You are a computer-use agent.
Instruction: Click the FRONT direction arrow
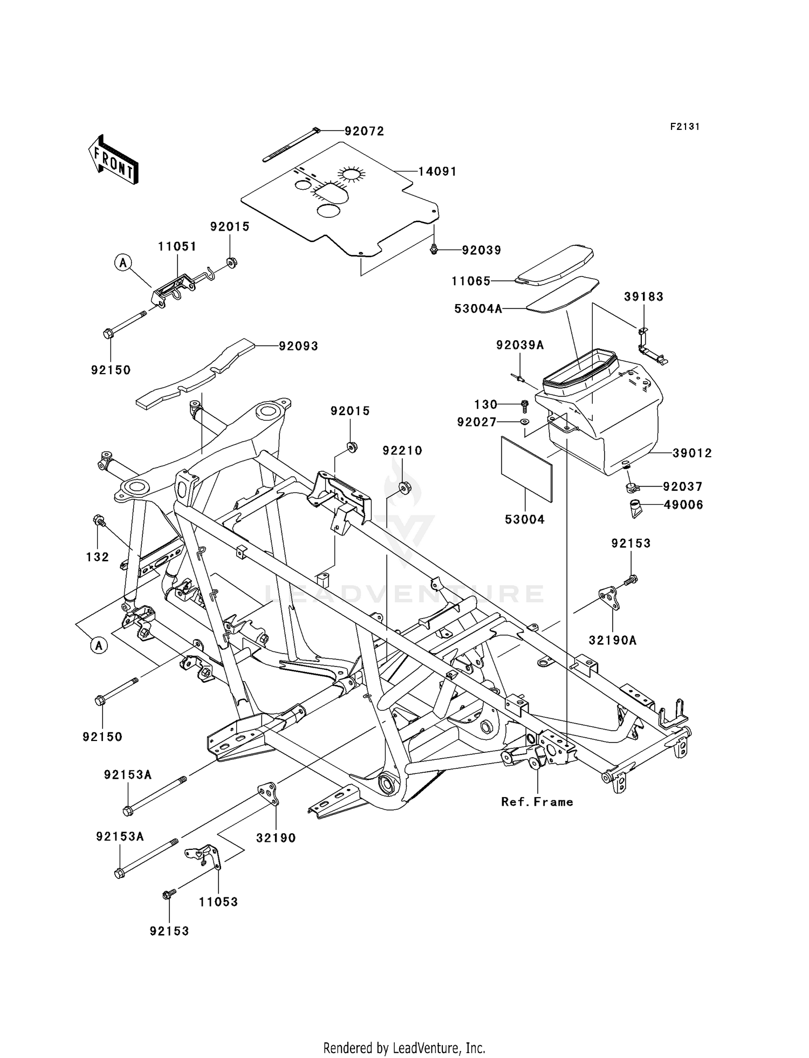[113, 160]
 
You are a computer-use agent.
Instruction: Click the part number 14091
[437, 171]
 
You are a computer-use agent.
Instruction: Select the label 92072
[365, 131]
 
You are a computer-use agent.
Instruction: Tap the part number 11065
[471, 281]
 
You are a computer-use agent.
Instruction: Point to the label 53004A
[478, 308]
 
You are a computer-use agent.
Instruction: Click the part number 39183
[644, 297]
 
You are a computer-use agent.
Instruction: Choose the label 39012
[693, 454]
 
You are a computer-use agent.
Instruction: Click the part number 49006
[683, 505]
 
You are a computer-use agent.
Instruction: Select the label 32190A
[613, 640]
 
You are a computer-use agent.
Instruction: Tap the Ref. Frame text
[537, 802]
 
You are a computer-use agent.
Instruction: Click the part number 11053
[218, 902]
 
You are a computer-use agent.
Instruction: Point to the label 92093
[298, 346]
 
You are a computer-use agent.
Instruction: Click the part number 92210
[403, 450]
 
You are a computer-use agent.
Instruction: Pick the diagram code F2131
[685, 127]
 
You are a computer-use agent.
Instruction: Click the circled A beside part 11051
[123, 263]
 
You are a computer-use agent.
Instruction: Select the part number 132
[98, 557]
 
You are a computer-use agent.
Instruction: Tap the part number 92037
[683, 487]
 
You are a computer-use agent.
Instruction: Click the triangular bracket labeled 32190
[268, 795]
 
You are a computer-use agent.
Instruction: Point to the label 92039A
[520, 345]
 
